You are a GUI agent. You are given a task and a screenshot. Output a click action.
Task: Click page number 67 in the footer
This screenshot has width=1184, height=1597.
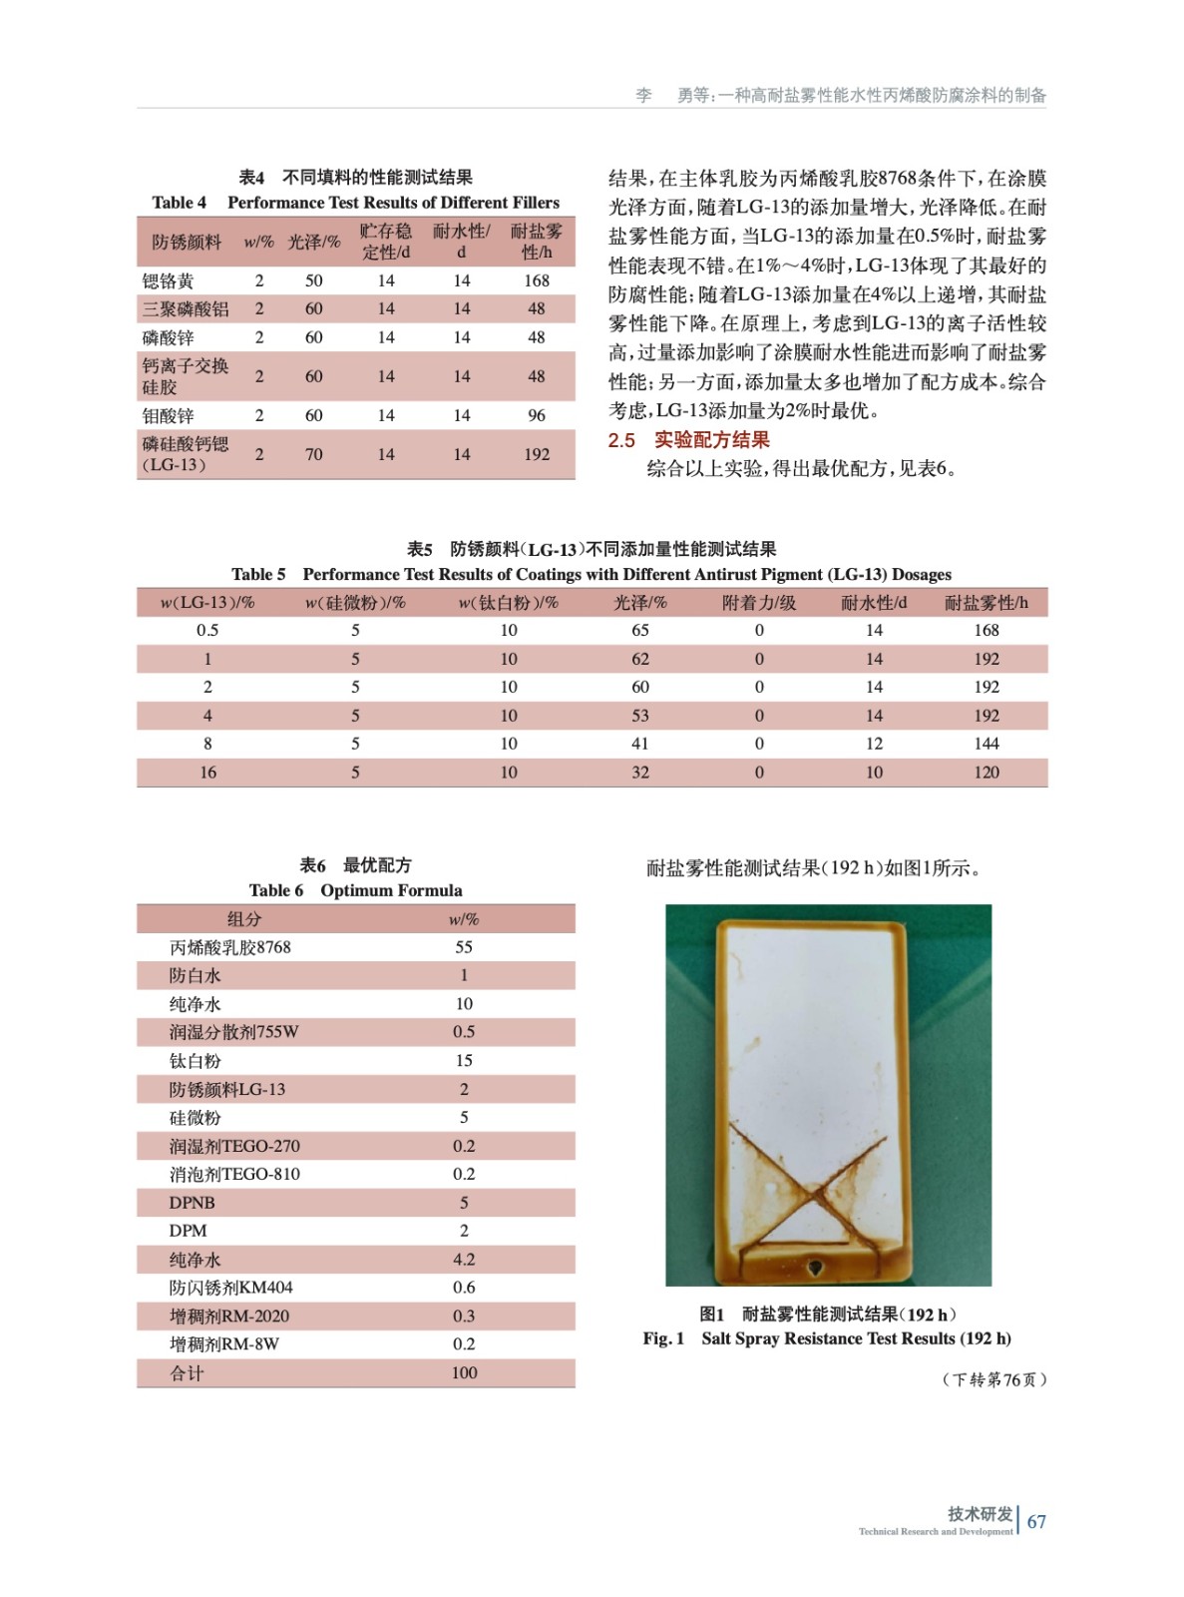pos(1036,1521)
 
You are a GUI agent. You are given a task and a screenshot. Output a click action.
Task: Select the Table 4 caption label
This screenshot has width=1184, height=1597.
pos(180,203)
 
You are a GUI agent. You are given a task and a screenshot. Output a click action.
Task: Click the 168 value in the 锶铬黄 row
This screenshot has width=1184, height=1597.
pos(537,280)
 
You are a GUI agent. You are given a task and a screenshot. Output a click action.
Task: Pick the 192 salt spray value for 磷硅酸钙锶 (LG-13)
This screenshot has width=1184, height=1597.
pos(537,454)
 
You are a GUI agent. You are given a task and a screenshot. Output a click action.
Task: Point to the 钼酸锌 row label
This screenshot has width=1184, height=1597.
pos(168,415)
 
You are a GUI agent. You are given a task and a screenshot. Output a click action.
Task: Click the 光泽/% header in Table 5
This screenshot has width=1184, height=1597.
pos(639,603)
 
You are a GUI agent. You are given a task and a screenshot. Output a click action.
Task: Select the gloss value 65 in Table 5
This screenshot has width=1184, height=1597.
pos(639,630)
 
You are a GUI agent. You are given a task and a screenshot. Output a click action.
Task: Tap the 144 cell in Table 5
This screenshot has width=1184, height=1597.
pos(986,744)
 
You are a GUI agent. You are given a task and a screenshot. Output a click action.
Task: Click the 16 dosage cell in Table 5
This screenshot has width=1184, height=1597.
pos(207,772)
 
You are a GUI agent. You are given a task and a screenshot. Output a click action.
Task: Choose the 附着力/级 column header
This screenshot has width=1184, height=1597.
pos(759,603)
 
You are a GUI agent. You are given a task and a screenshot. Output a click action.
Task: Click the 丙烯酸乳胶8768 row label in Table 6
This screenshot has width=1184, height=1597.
pos(229,947)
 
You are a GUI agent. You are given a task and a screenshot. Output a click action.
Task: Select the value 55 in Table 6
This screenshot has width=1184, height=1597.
pos(464,947)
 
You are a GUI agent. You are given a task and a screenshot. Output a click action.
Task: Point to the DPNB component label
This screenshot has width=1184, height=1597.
pos(192,1203)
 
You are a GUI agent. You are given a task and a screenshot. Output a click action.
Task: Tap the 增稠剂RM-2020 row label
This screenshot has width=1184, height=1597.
pos(228,1317)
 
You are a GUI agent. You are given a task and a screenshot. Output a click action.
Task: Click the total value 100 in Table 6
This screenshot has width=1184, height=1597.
pos(464,1373)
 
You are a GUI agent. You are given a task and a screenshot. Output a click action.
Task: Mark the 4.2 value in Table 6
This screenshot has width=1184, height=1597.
pos(464,1260)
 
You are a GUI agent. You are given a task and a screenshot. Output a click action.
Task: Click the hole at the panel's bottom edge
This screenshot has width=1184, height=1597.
pos(815,1268)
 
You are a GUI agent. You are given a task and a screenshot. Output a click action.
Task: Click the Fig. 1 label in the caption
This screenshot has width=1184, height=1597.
pos(663,1338)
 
